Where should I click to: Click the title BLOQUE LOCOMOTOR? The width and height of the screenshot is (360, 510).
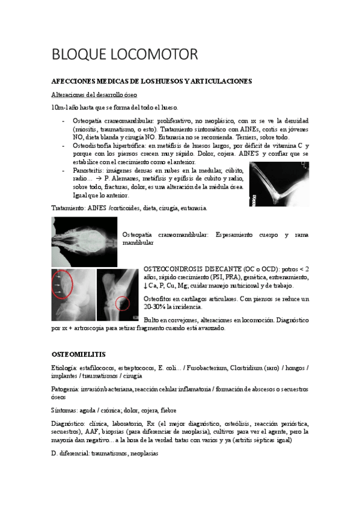tap(125, 55)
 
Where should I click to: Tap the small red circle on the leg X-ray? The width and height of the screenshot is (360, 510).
tap(123, 303)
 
